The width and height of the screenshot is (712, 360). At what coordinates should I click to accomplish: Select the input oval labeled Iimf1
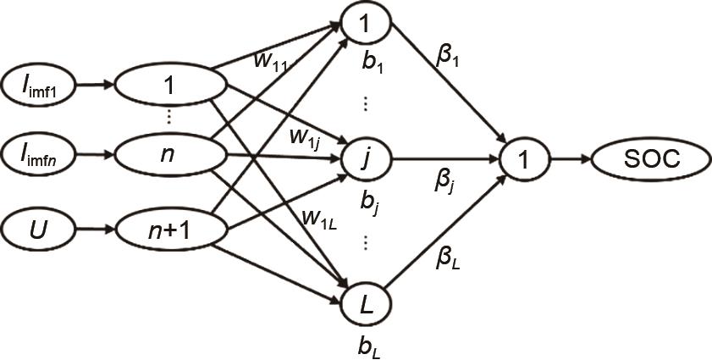[40, 84]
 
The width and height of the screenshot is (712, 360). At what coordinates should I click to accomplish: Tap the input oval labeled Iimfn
[40, 156]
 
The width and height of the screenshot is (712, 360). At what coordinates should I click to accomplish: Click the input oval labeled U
[40, 228]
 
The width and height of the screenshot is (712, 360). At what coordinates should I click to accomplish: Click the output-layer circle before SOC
[523, 158]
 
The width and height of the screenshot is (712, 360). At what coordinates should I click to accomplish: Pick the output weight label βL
[448, 259]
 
